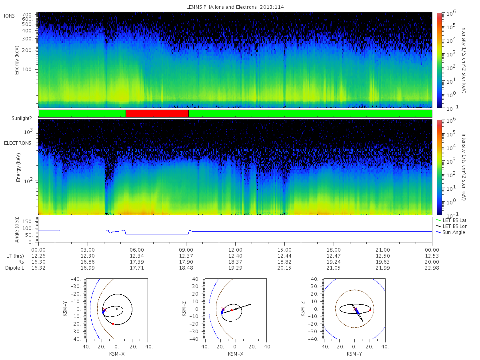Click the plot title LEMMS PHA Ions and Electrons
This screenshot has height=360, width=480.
pos(221,7)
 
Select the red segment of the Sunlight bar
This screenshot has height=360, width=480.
pos(157,114)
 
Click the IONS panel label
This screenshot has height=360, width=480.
pos(9,16)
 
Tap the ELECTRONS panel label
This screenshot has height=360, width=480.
pos(18,143)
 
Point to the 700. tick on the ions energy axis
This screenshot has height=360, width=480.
pos(27,15)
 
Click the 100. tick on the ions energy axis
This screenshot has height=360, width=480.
pos(27,70)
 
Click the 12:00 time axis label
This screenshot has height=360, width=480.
pos(235,250)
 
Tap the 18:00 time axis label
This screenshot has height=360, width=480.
pos(334,250)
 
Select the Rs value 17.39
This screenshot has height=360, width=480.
pos(137,262)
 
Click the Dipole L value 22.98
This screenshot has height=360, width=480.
pos(432,268)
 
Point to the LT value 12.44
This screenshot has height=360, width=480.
pos(284,256)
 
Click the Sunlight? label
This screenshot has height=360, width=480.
pos(22,118)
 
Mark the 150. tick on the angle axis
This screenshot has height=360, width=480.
pos(27,222)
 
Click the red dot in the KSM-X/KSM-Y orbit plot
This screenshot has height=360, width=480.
pos(113,324)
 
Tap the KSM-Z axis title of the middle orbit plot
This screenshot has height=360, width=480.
pos(184,309)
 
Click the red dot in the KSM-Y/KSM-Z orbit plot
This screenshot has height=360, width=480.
pos(370,310)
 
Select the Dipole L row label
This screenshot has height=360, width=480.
pos(15,268)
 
